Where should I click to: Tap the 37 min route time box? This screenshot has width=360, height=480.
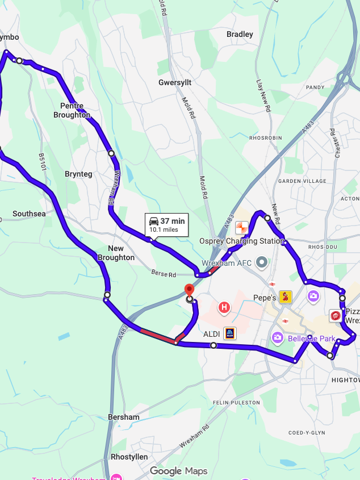166,225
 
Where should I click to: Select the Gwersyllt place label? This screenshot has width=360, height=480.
175,82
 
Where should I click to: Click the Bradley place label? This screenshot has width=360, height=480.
240,35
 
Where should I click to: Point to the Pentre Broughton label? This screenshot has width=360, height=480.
72,110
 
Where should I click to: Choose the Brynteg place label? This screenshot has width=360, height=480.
78,174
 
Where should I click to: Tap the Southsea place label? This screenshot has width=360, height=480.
29,214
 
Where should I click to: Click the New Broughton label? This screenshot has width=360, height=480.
116,253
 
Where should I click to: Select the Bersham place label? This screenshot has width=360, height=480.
123,417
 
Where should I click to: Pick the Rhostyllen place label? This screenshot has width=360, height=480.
129,457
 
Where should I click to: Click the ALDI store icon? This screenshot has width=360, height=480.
229,333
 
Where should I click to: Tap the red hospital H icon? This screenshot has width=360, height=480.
224,308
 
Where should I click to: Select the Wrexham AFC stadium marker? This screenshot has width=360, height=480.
262,263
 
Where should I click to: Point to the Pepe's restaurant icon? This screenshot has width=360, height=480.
285,297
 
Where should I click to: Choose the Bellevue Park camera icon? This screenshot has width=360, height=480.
277,339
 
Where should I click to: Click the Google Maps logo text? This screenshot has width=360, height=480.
178,471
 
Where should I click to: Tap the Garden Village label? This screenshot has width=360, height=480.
302,181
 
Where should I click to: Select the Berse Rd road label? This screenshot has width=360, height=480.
164,274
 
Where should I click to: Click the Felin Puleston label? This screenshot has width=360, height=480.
236,403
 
